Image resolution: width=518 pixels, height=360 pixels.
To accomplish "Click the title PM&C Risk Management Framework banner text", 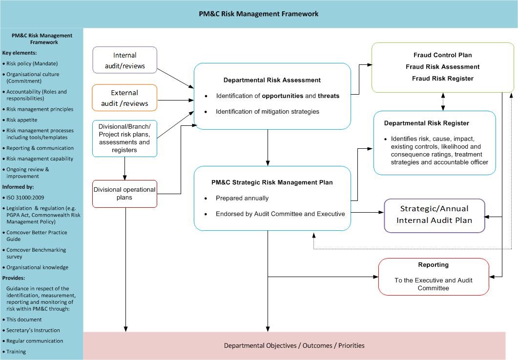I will pos(258,14).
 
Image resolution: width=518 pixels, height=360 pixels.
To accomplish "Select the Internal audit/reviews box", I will pos(125,60).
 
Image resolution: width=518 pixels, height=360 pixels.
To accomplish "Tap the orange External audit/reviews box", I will pos(125,98).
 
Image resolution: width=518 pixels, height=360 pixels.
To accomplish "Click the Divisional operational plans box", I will pos(124,194).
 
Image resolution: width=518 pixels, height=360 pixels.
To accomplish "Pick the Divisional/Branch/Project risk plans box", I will pos(124,139).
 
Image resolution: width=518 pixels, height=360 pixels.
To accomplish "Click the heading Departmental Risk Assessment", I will pos(272,80).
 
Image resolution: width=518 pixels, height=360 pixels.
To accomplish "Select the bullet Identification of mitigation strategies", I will pos(268,112).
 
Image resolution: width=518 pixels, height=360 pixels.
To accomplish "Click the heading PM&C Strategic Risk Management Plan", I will pos(272,182).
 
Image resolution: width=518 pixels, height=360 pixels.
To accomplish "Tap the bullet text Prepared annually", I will pos(242,198).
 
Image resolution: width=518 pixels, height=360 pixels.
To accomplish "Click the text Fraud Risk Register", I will pos(442,79).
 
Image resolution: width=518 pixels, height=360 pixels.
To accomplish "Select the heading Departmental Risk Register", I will pos(426,123).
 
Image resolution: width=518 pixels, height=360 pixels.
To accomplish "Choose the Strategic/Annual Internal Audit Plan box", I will pos(434,215).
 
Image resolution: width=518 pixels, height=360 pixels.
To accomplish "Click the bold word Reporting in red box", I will pos(433,265).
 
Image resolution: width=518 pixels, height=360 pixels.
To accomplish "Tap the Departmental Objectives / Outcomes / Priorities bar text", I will pos(294,345).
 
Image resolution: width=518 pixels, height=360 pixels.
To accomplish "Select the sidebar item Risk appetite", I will pos(21,120).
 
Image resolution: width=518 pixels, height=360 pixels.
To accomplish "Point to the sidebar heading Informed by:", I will pos(18,187).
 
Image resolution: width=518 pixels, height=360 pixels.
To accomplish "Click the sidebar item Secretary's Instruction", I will pos(33,330).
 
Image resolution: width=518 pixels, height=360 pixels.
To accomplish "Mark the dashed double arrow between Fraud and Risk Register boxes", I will pos(443,101).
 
